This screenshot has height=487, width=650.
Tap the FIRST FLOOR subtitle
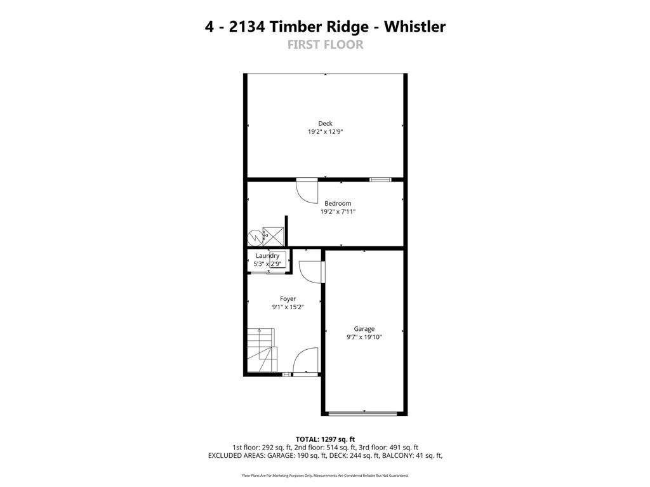pos(325,44)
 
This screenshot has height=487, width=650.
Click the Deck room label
pos(325,123)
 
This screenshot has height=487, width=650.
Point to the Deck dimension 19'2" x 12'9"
pos(325,131)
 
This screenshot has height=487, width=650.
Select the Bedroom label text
pos(338,203)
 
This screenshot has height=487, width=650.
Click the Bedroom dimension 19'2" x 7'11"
pos(338,211)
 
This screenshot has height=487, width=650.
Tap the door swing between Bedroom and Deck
pos(307,191)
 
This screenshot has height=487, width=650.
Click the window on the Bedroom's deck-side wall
pos(380,180)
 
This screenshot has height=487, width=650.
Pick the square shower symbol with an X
pos(273,236)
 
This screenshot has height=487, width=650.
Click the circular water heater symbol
pos(255,237)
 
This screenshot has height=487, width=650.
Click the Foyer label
pos(288,298)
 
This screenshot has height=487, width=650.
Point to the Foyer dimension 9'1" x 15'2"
pos(288,307)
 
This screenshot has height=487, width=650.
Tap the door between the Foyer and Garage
pos(312,272)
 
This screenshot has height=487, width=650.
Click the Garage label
pos(364,329)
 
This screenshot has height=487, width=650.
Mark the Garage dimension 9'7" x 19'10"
pos(364,337)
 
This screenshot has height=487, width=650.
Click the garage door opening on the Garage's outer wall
pos(364,414)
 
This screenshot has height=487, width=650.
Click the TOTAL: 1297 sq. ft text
pos(325,439)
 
